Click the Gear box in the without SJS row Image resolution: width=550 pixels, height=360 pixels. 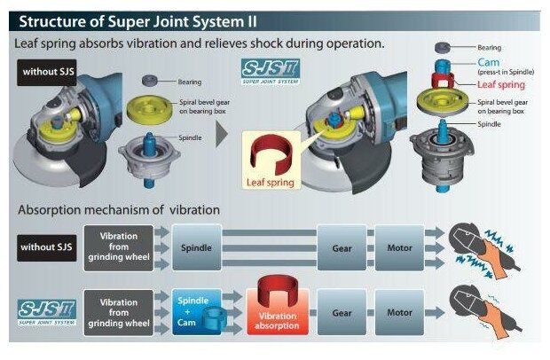342,247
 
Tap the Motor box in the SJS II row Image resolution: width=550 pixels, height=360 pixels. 399,313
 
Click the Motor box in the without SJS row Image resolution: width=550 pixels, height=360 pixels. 399,247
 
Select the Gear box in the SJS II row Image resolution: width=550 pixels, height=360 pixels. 342,313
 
